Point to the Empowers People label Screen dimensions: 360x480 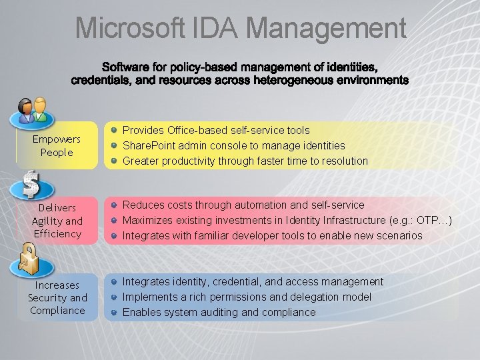click(57, 146)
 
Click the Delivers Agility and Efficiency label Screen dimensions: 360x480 click(57, 221)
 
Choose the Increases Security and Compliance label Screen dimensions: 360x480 click(57, 297)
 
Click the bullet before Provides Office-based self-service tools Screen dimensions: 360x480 click(115, 131)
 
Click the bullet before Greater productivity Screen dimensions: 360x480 click(115, 161)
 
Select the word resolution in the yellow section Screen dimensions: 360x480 click(344, 161)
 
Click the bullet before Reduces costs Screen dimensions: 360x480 click(115, 205)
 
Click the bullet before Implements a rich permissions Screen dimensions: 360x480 click(115, 297)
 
